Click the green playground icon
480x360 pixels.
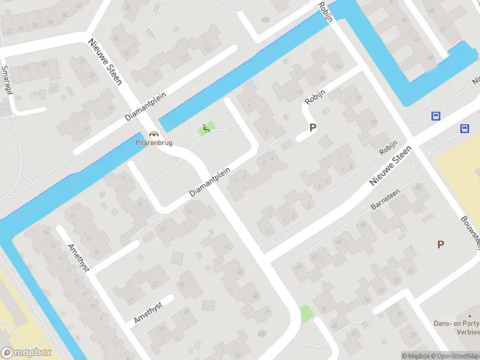point(206,128)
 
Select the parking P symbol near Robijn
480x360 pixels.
point(312,127)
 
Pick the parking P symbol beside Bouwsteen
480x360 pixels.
point(440,244)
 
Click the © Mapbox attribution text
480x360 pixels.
point(416,356)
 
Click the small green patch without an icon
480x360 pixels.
point(306,314)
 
